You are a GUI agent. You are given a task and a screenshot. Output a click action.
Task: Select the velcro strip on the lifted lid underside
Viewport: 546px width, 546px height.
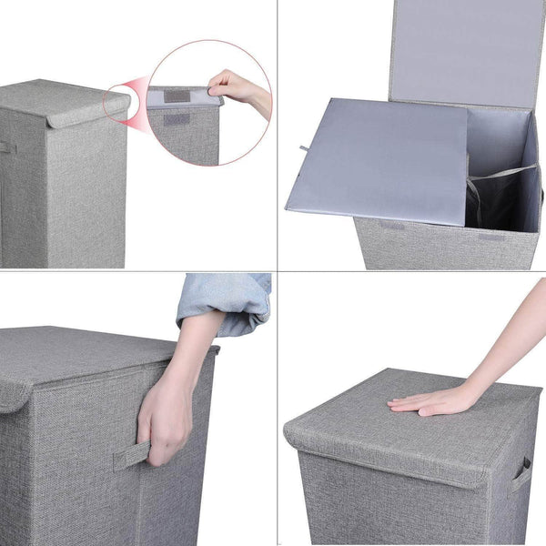point(176,96)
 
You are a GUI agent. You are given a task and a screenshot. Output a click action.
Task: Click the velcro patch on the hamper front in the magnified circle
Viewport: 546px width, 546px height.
point(176,119)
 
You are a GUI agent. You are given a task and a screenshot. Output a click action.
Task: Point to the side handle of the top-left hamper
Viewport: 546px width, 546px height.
point(7,147)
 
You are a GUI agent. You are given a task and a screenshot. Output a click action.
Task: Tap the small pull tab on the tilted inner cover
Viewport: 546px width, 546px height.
point(303,147)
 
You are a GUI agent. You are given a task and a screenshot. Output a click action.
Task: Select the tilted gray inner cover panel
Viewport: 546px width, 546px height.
point(378,159)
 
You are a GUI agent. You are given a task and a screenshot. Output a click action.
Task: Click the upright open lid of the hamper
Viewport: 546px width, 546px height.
point(464,50)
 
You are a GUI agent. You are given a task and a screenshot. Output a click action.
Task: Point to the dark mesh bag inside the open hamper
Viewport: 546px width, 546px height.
point(482,205)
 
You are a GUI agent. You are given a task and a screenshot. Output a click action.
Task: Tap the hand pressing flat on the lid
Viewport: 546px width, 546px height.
point(428,400)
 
